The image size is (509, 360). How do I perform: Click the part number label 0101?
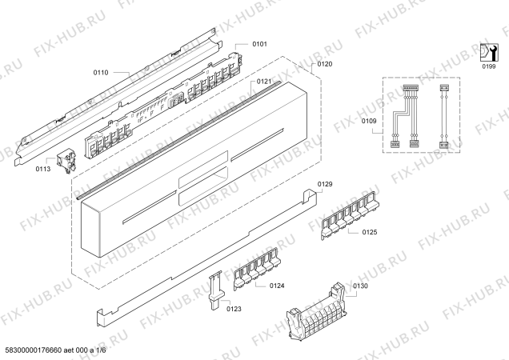click(x=259, y=44)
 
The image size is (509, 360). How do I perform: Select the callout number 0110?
click(x=101, y=73)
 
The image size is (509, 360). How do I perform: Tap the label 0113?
click(x=43, y=169)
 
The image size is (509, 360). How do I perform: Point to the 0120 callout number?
click(x=325, y=64)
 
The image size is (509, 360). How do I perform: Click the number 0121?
click(x=264, y=82)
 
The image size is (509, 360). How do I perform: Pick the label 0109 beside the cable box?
click(x=369, y=121)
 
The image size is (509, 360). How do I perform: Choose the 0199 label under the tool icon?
click(x=488, y=66)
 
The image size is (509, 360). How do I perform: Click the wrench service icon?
click(x=489, y=52)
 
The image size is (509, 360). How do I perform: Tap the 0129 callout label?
click(x=325, y=184)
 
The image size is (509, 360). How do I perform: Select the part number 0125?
click(x=370, y=232)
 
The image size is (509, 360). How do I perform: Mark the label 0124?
click(x=277, y=286)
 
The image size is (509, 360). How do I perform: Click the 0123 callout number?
click(x=234, y=309)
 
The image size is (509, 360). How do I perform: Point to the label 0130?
click(x=360, y=286)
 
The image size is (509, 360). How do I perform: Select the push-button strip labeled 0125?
click(x=351, y=214)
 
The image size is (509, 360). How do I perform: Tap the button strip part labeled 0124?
click(x=256, y=269)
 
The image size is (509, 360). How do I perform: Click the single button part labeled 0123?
click(x=216, y=290)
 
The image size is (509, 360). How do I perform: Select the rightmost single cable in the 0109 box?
click(x=443, y=116)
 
